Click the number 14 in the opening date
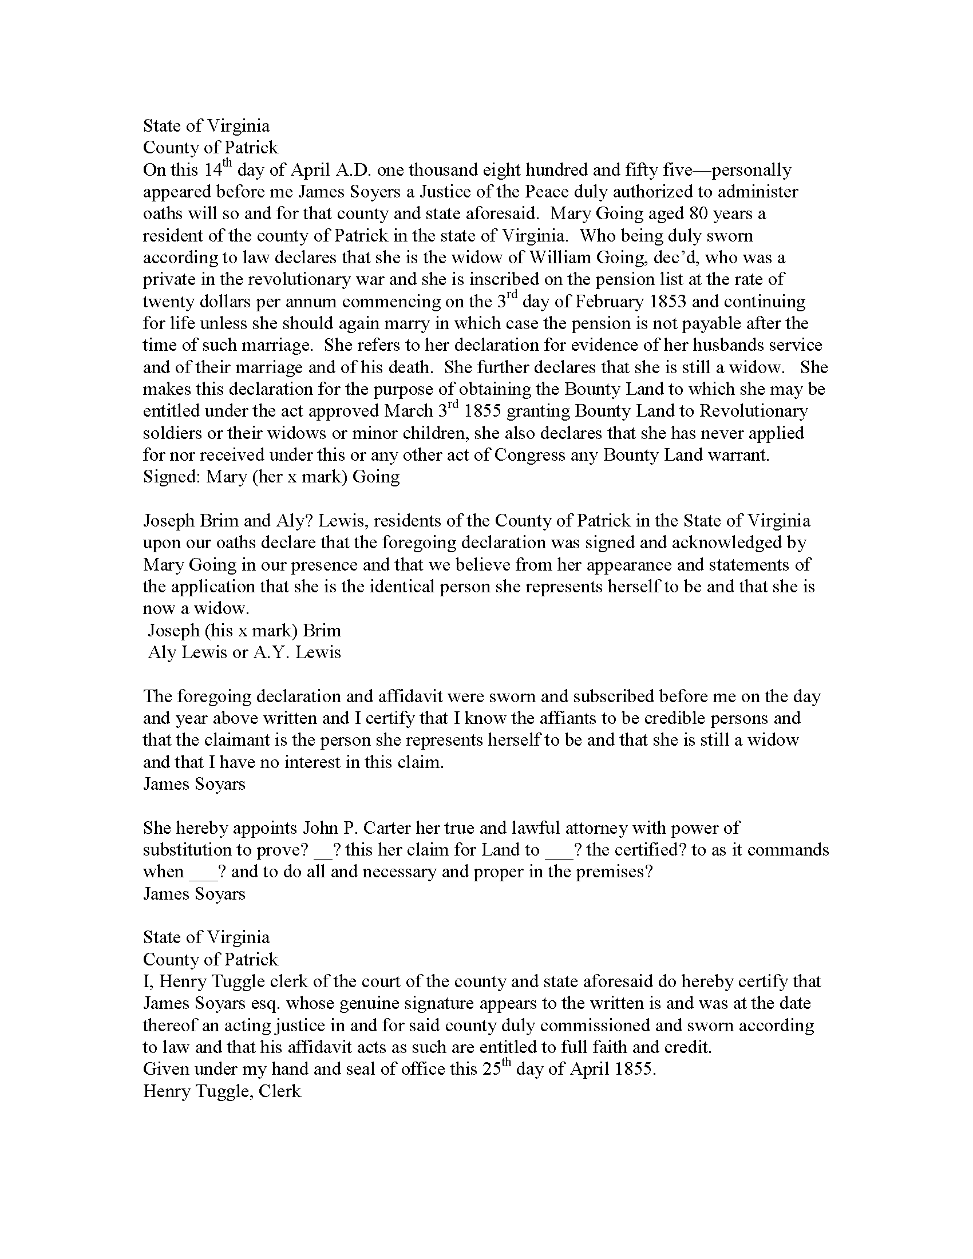tap(211, 170)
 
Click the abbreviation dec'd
tap(678, 258)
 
